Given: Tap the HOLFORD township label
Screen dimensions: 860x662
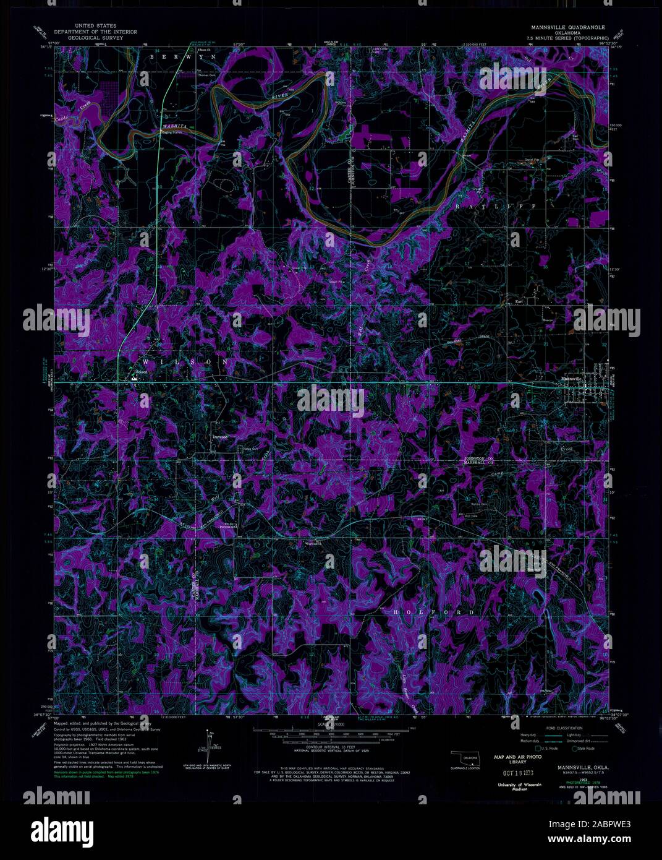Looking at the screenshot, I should [433, 612].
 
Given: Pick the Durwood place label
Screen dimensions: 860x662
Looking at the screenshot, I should [220, 437].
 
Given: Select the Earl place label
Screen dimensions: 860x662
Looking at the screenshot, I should [519, 302].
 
